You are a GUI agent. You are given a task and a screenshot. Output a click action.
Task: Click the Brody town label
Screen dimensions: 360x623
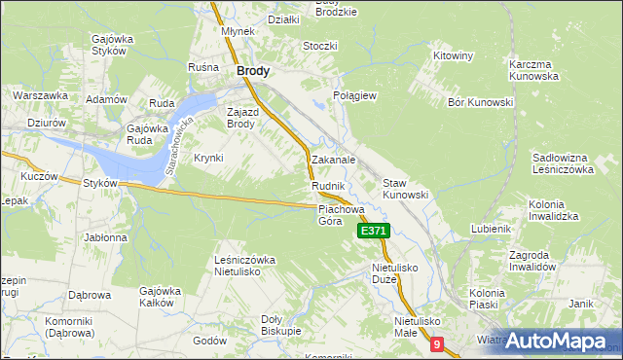(x=253, y=71)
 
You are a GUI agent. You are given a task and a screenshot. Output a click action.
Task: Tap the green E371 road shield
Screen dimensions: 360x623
(x=374, y=231)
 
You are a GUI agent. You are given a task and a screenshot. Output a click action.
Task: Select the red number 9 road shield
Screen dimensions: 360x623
(x=437, y=343)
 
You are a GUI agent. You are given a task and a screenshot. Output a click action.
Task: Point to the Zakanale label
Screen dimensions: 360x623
(x=333, y=160)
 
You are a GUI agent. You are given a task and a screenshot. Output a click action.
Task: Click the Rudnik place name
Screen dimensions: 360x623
(x=328, y=185)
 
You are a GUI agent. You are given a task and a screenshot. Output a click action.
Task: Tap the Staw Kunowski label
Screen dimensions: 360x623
(x=405, y=189)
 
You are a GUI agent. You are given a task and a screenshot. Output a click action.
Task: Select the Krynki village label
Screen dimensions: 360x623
(x=209, y=158)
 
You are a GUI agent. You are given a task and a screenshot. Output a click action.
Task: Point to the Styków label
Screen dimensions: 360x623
(x=100, y=183)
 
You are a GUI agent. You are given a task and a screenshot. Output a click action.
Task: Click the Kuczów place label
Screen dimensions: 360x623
(x=39, y=178)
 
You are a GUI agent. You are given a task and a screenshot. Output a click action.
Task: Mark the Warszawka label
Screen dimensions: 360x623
(x=40, y=95)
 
